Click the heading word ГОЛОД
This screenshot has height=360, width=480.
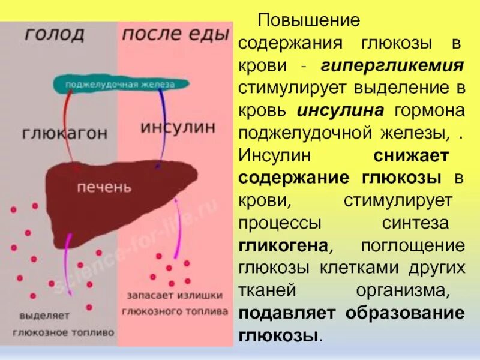pyautogui.click(x=55, y=34)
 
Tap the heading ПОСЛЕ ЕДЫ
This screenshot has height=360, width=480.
pyautogui.click(x=175, y=34)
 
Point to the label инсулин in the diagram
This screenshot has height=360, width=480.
pyautogui.click(x=177, y=127)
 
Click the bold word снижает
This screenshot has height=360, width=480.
pyautogui.click(x=411, y=156)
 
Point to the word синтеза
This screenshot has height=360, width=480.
pyautogui.click(x=424, y=223)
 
